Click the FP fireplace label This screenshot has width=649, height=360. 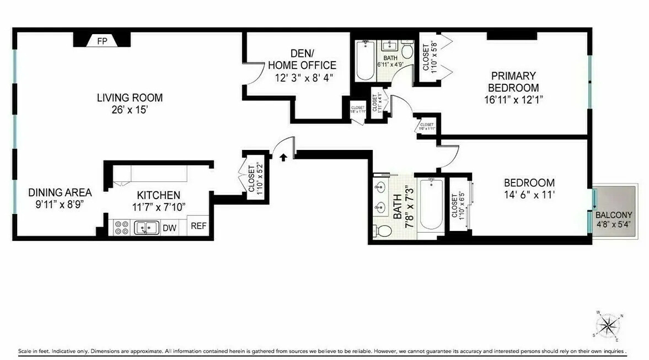point(102,41)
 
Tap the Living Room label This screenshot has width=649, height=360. point(130,98)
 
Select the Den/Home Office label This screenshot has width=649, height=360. point(302,60)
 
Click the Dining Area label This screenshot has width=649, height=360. point(60,193)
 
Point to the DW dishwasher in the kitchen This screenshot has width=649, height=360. point(170,227)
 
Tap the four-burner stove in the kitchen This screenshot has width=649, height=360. point(121,228)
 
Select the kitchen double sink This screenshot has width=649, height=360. point(147,227)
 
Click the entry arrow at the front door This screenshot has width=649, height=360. point(283,158)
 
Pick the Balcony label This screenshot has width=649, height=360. point(614,215)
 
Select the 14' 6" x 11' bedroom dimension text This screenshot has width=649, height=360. point(529,194)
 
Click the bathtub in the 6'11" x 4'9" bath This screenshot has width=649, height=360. point(364,61)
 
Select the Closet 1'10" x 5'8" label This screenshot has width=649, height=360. point(430,57)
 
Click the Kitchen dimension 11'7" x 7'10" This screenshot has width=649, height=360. point(158,207)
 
